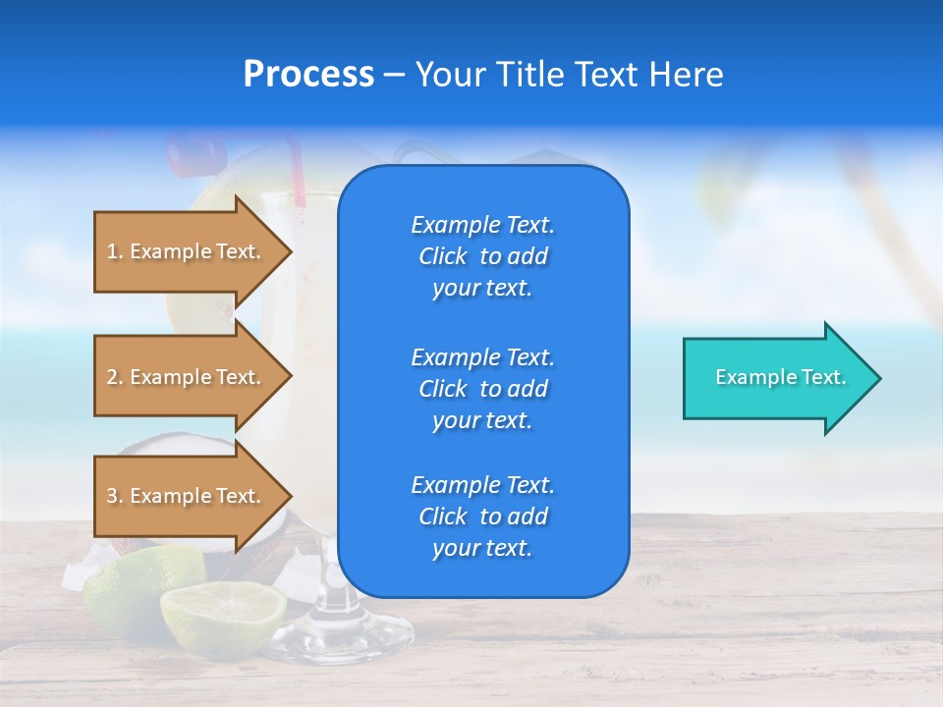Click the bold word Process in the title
pyautogui.click(x=308, y=75)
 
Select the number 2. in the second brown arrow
pyautogui.click(x=115, y=377)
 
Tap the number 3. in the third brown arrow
pyautogui.click(x=115, y=496)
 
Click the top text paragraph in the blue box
pyautogui.click(x=482, y=256)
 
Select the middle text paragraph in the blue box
pyautogui.click(x=482, y=389)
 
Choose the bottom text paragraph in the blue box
pyautogui.click(x=482, y=517)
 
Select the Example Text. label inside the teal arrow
pyautogui.click(x=780, y=377)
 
